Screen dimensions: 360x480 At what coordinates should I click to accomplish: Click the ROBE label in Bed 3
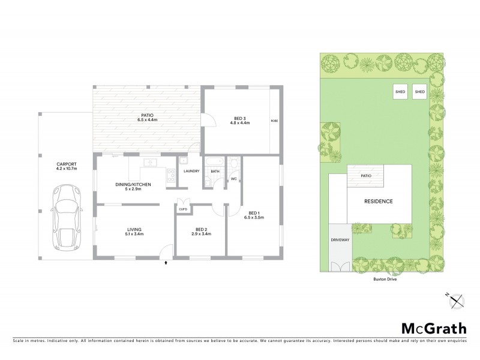(274, 121)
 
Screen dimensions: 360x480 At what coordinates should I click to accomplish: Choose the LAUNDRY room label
(191, 172)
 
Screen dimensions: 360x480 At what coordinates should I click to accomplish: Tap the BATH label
(215, 171)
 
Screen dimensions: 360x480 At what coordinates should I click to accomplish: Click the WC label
(233, 178)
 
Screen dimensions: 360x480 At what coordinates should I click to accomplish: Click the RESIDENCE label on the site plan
(379, 202)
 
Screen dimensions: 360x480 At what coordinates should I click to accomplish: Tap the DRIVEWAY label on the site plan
(340, 239)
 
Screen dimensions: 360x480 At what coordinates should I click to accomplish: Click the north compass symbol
(454, 298)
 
